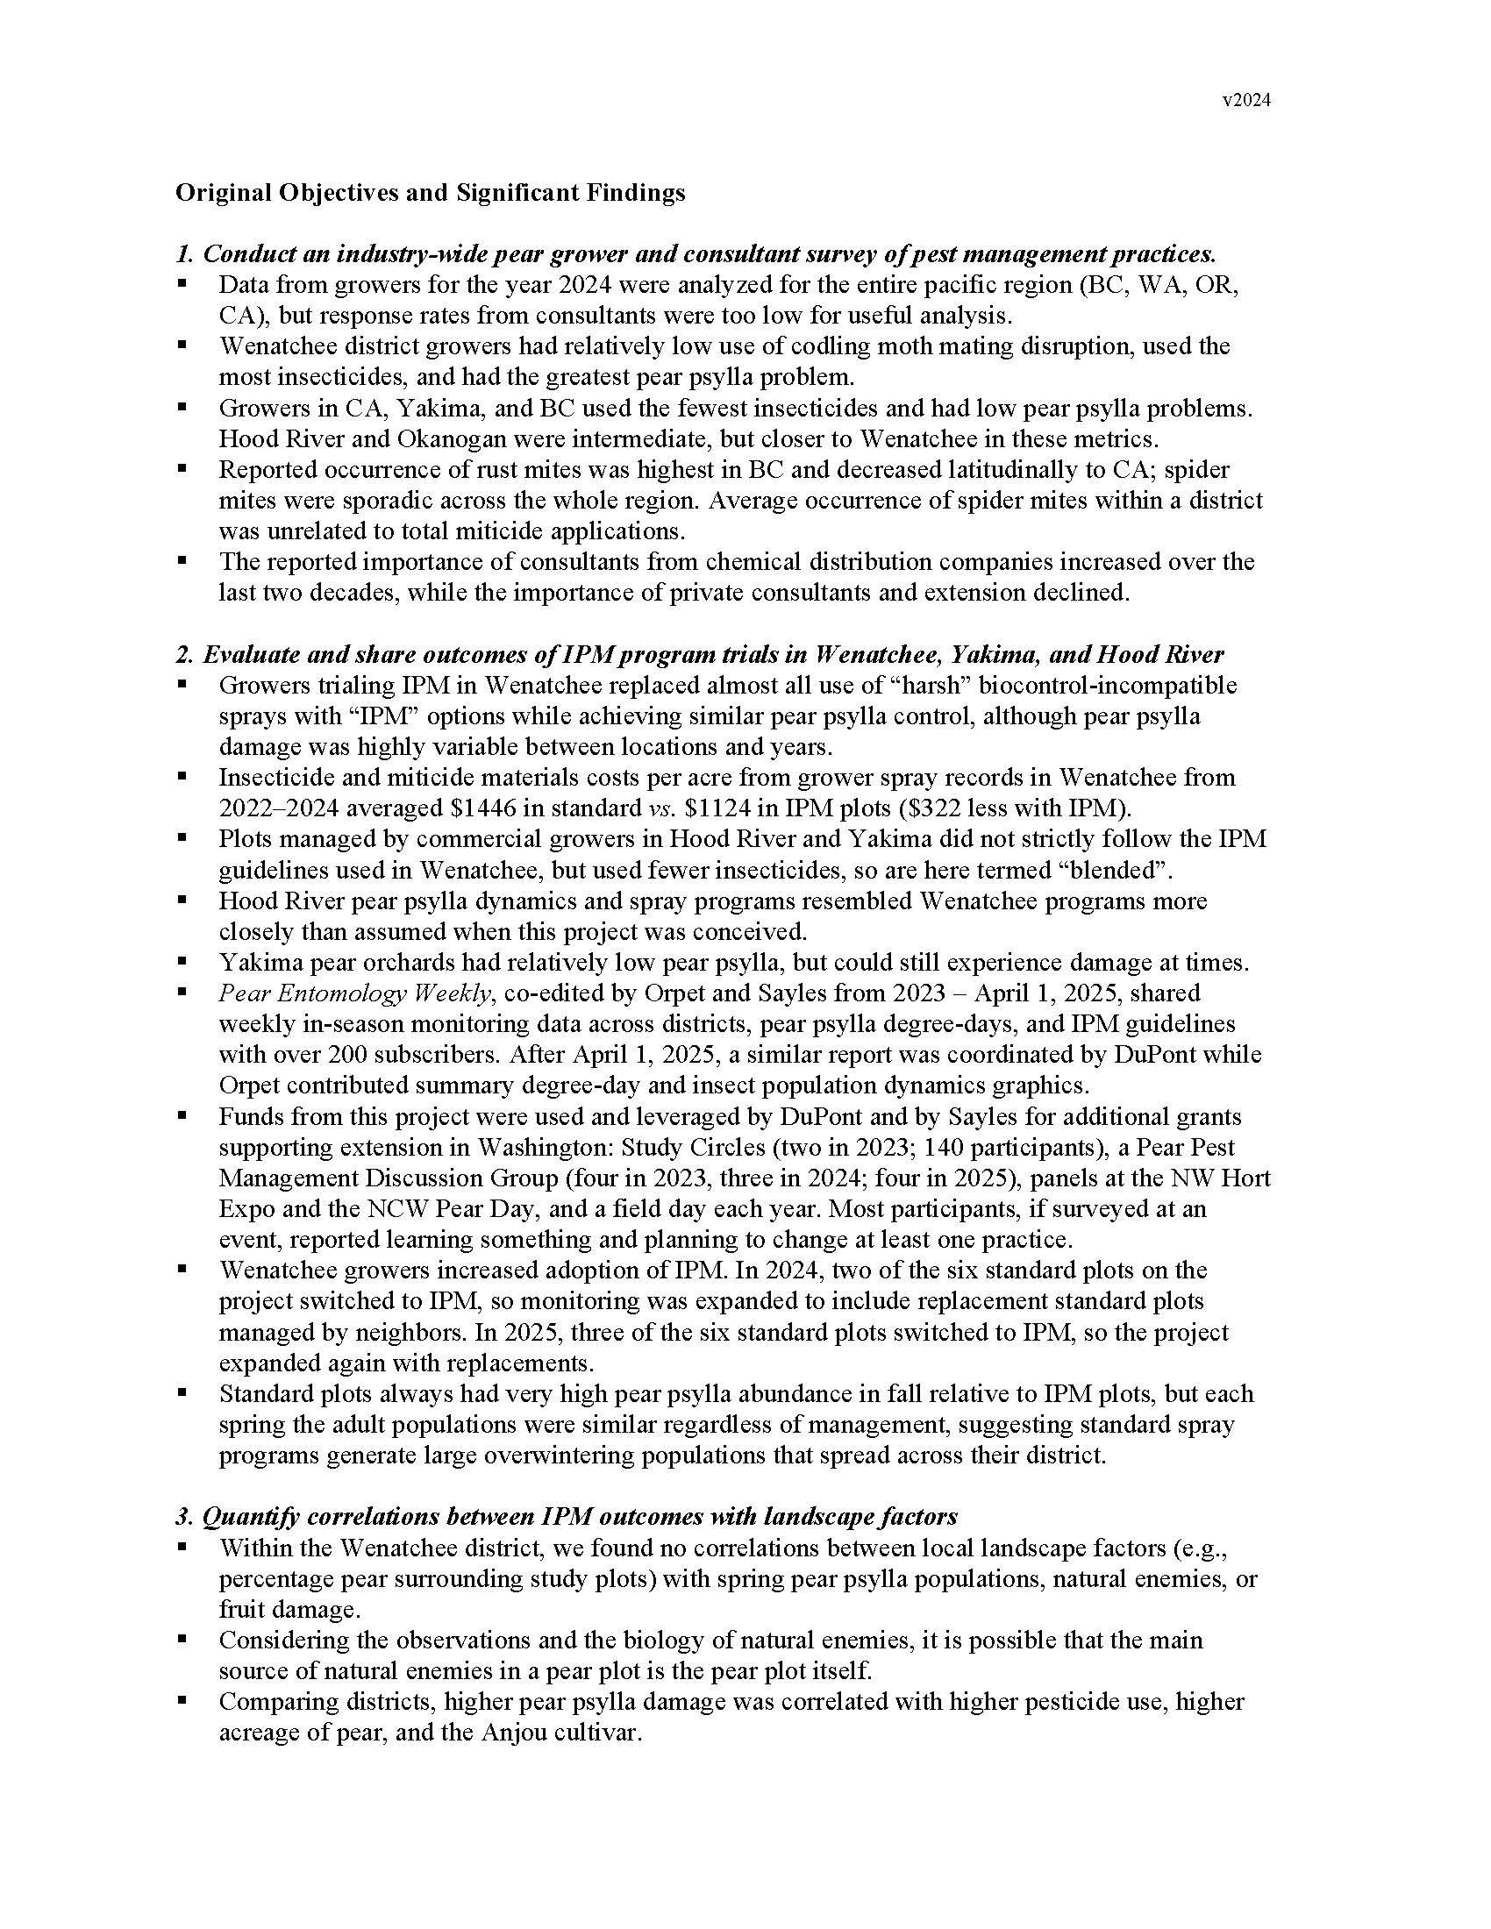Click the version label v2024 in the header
1246,101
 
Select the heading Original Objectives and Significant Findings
429,193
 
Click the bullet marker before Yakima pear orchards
182,961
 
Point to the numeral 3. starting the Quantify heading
183,1517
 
